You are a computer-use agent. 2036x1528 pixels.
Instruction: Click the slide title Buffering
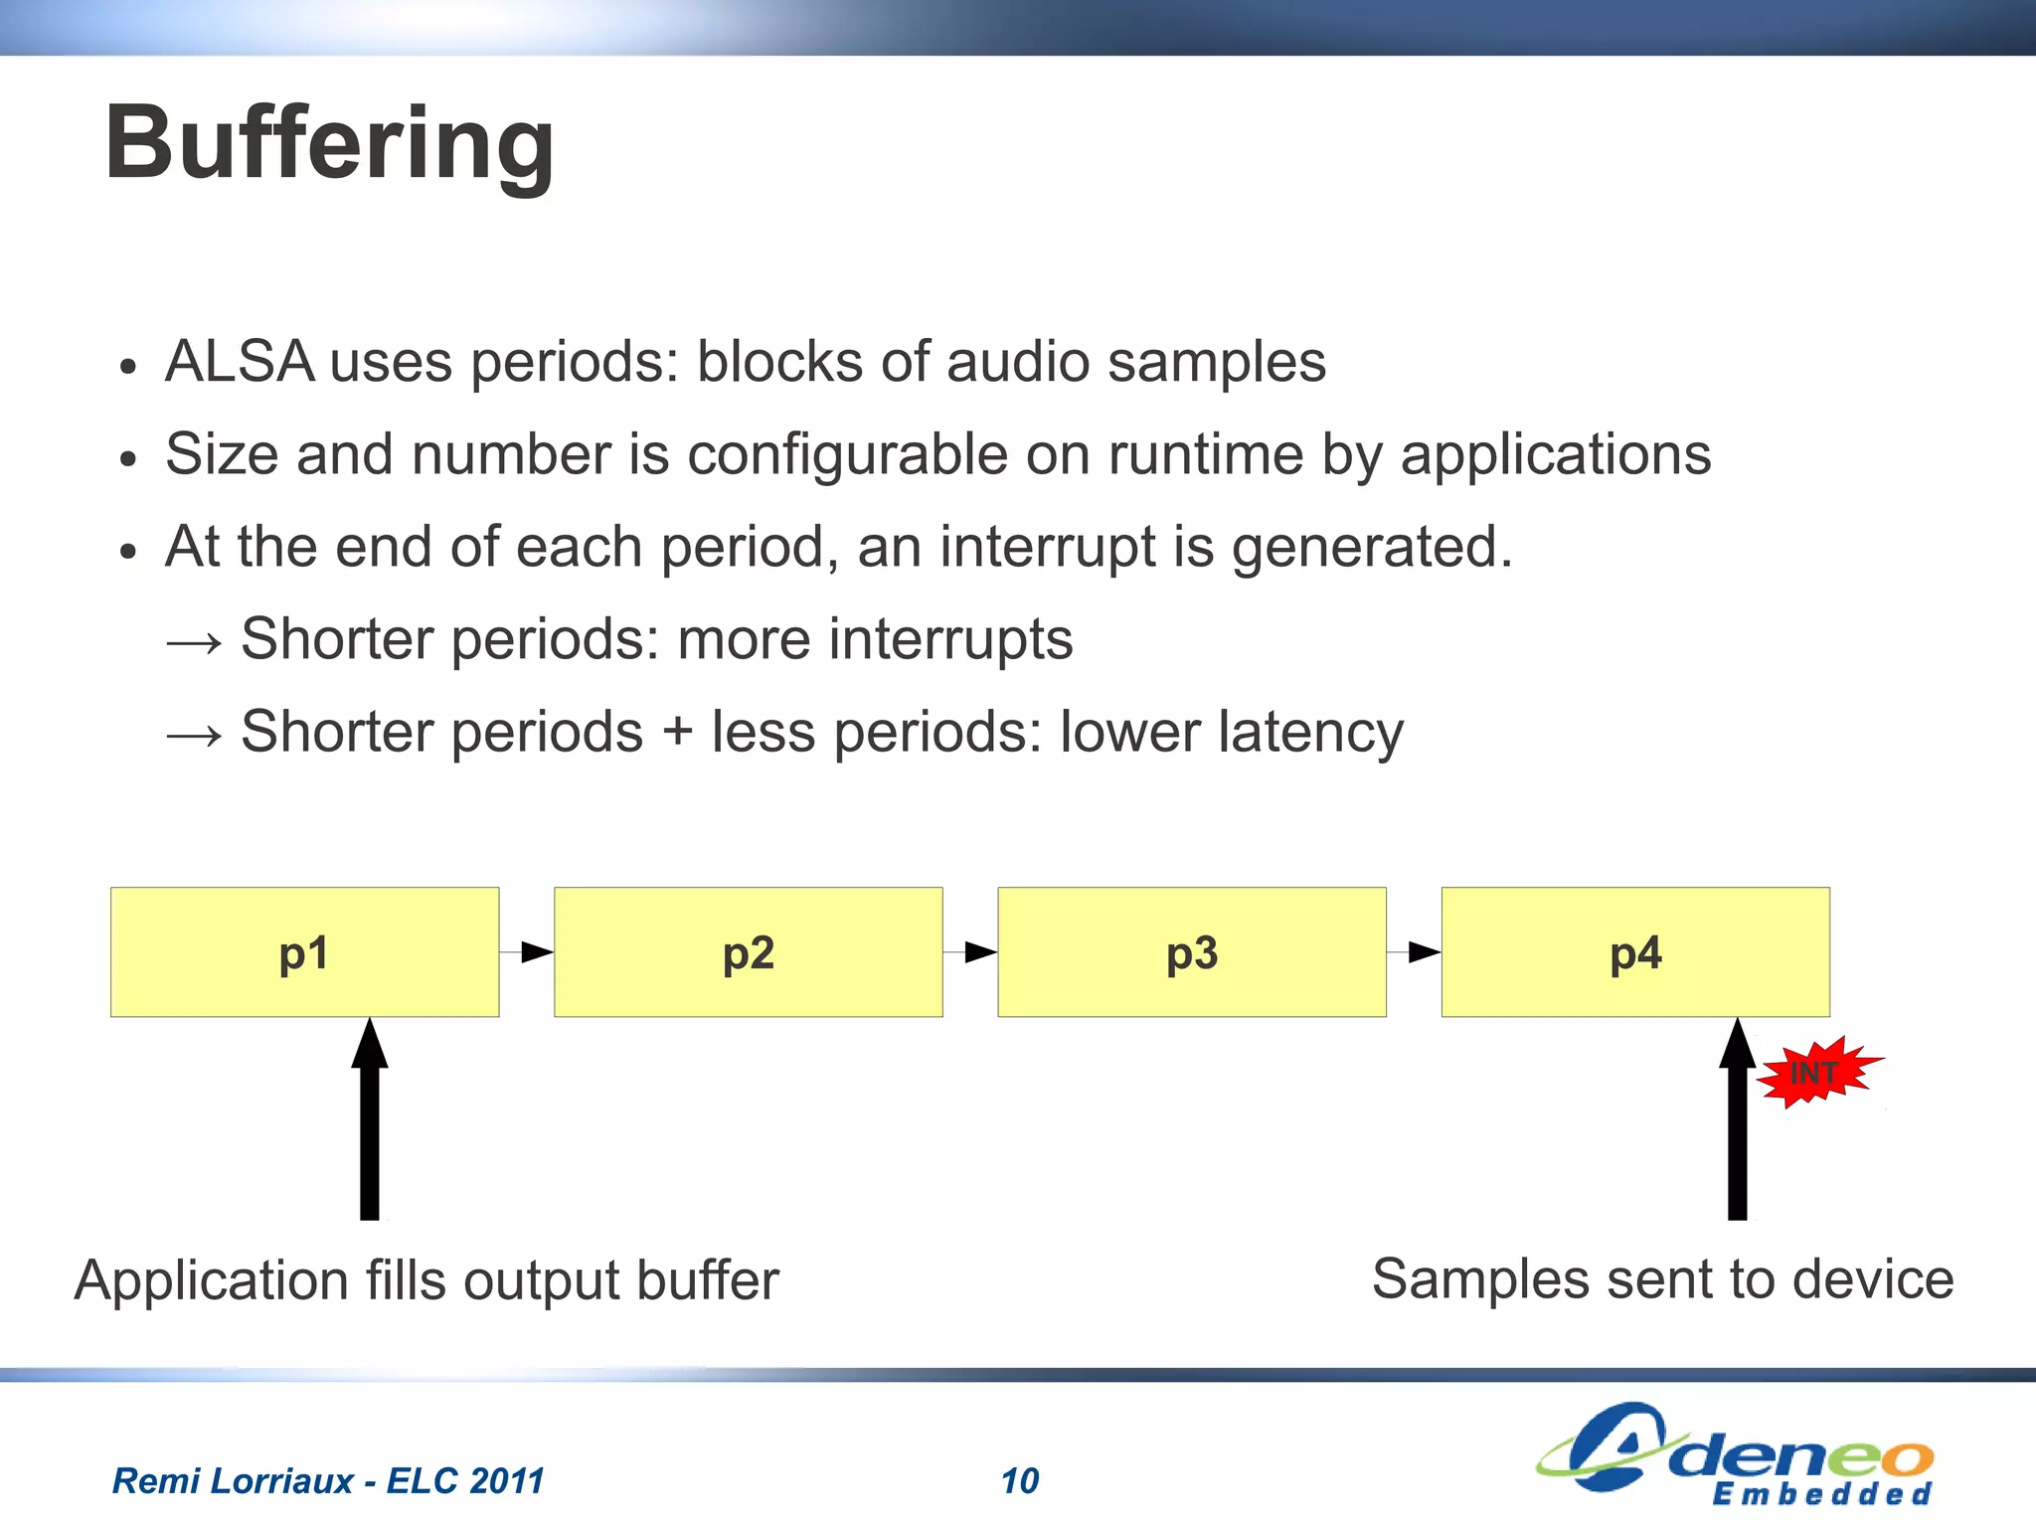pyautogui.click(x=329, y=145)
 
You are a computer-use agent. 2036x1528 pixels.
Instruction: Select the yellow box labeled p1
pyautogui.click(x=304, y=951)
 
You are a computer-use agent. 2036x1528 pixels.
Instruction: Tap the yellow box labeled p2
pyautogui.click(x=748, y=951)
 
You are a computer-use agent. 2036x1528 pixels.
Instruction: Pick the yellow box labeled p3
pyautogui.click(x=1191, y=951)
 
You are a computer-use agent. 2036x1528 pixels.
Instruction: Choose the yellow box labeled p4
pyautogui.click(x=1634, y=951)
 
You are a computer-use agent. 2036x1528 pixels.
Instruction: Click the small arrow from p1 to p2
pyautogui.click(x=528, y=952)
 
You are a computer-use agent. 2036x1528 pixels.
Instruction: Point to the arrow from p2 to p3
pyautogui.click(x=971, y=952)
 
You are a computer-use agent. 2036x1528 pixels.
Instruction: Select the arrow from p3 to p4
pyautogui.click(x=1415, y=952)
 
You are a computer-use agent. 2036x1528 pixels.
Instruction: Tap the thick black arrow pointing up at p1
pyautogui.click(x=369, y=1123)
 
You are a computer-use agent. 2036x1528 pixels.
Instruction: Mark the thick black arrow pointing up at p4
pyautogui.click(x=1737, y=1123)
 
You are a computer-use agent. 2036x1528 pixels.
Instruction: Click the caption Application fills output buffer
pyautogui.click(x=426, y=1280)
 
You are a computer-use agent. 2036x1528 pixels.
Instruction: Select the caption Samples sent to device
pyautogui.click(x=1662, y=1279)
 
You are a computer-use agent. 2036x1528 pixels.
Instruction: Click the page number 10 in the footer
pyautogui.click(x=1019, y=1481)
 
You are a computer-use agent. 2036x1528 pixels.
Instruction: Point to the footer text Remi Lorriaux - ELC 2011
pyautogui.click(x=328, y=1481)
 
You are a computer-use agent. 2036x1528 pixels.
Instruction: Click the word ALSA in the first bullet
pyautogui.click(x=239, y=361)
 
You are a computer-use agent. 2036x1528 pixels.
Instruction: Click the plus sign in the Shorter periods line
pyautogui.click(x=677, y=733)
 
